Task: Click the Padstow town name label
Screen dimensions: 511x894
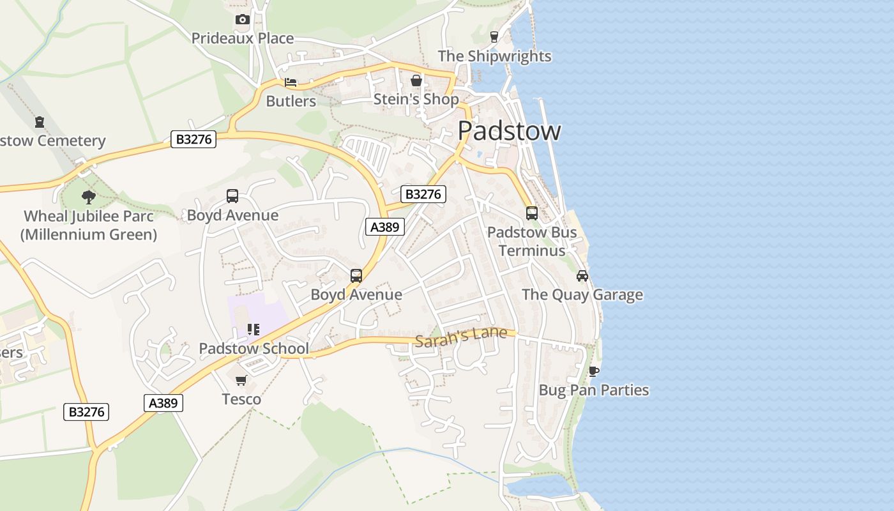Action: [509, 131]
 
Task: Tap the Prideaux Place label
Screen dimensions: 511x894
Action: [243, 38]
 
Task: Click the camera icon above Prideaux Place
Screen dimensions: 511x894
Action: [242, 20]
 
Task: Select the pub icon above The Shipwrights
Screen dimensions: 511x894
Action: [494, 37]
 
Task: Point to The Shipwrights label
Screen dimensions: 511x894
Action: [494, 56]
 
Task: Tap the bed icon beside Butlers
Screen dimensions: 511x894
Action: [291, 83]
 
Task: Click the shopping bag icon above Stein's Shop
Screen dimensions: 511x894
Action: [416, 81]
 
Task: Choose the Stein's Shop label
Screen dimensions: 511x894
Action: [416, 100]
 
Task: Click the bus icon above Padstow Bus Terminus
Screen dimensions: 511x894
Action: [532, 213]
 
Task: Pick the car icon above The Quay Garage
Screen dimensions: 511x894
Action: [582, 276]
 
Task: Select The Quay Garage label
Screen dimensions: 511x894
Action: [582, 294]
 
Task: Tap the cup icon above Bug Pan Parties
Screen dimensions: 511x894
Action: [594, 371]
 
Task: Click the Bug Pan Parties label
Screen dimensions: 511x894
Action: [594, 390]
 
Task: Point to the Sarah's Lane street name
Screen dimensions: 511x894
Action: [461, 337]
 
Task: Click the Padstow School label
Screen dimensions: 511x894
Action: [254, 349]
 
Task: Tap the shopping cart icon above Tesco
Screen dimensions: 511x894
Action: [241, 381]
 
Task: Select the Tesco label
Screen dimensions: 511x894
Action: [241, 400]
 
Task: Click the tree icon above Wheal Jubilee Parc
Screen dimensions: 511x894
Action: [89, 197]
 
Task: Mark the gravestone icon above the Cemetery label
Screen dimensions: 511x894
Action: [40, 121]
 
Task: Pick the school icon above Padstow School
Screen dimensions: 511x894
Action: [254, 330]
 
